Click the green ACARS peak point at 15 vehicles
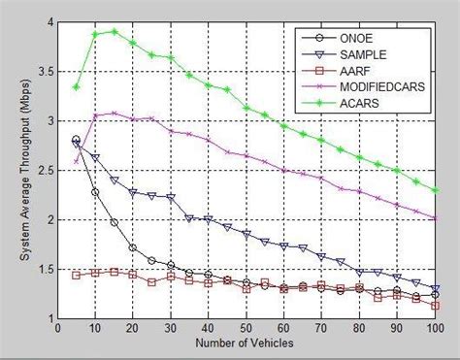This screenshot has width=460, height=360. (x=115, y=31)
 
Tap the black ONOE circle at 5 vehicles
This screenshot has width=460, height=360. (x=77, y=140)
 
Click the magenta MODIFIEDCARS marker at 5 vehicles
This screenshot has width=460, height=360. (x=77, y=161)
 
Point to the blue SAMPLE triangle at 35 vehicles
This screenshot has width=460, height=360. (x=189, y=217)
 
